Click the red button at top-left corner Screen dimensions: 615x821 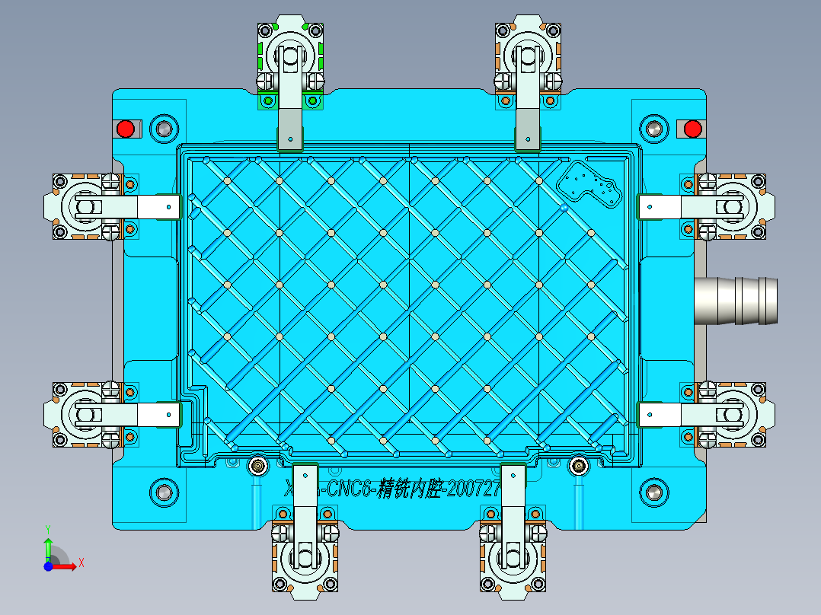point(126,129)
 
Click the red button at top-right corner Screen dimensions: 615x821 point(692,129)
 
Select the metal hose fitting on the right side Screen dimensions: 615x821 point(736,301)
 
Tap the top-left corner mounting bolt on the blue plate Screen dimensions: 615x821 point(163,129)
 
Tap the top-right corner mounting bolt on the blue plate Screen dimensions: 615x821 point(653,129)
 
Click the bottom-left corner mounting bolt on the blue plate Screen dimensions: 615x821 point(163,492)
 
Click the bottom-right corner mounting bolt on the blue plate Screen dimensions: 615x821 point(653,492)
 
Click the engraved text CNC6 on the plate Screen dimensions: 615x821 point(349,488)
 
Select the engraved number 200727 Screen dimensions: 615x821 point(472,488)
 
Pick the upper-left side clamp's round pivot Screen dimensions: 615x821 point(84,206)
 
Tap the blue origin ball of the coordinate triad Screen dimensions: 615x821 point(48,566)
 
